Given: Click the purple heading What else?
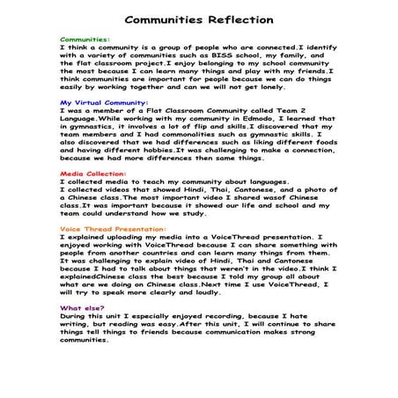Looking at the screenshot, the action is click(79, 308).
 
